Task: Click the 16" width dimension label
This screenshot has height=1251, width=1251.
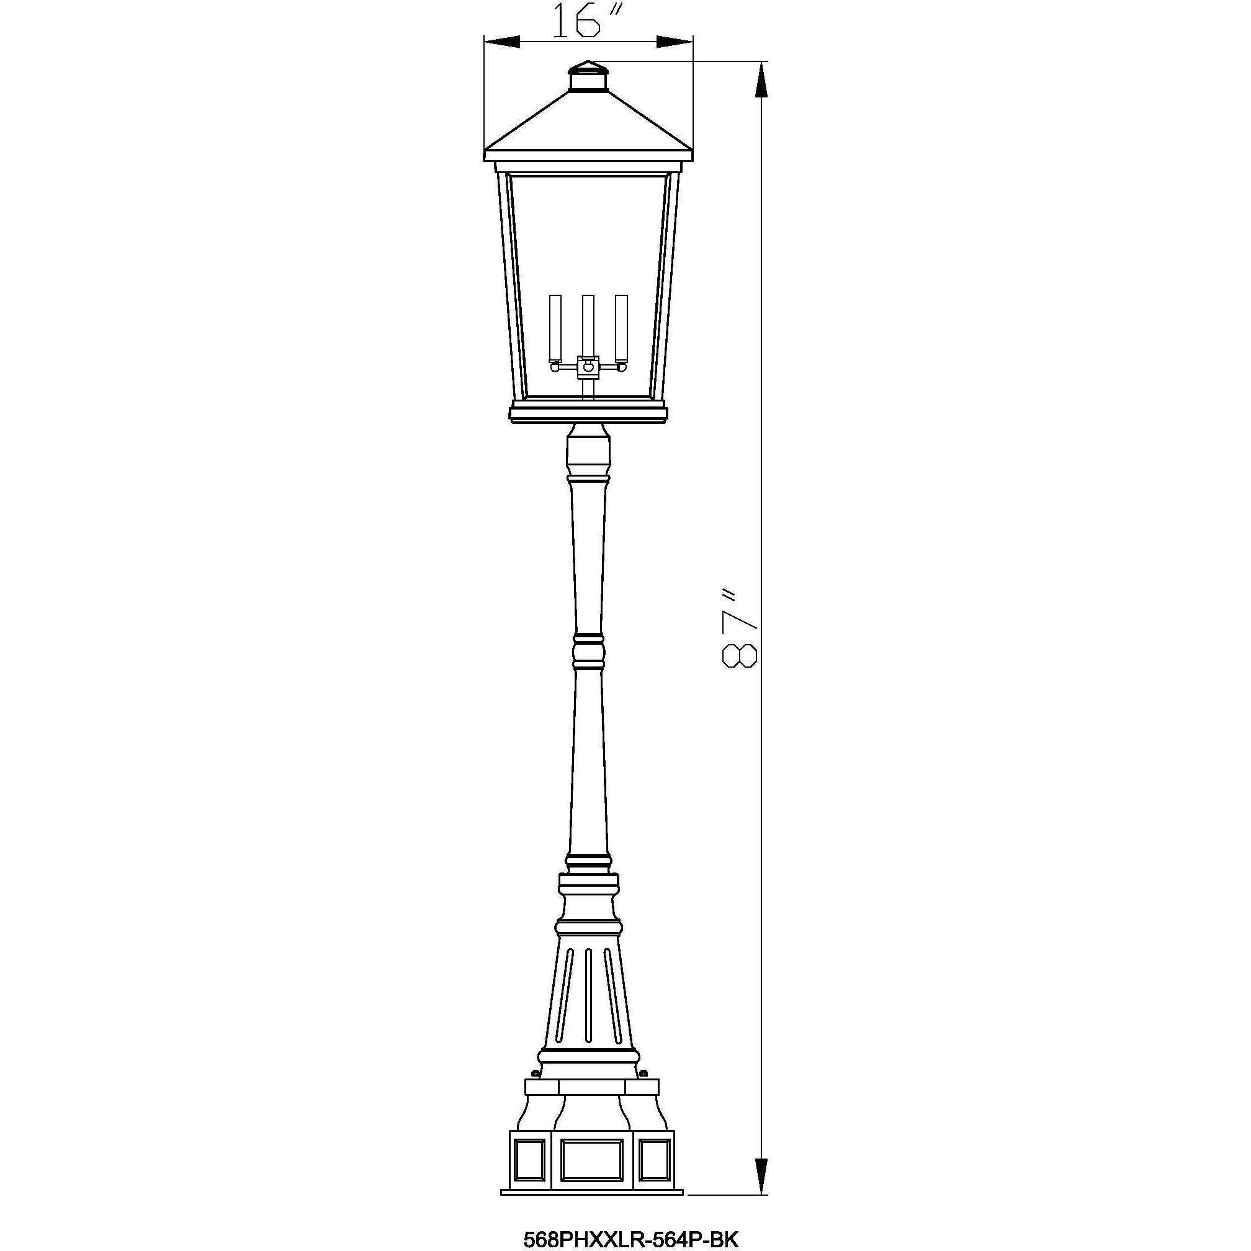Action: (586, 20)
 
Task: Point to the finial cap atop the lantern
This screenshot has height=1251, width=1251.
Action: (588, 76)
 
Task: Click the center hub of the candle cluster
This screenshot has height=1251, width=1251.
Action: (588, 367)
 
